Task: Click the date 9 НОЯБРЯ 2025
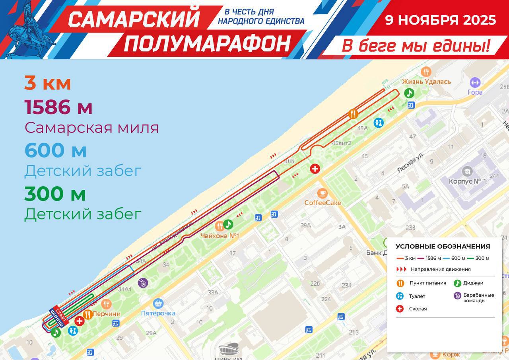click(440, 20)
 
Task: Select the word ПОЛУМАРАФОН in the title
click(207, 44)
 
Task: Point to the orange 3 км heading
click(48, 84)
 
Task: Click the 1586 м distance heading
click(58, 107)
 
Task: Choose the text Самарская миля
click(91, 128)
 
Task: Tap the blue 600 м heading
click(55, 150)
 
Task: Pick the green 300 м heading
click(55, 194)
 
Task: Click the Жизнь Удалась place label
click(426, 82)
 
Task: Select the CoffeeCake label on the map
click(322, 203)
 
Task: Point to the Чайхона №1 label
click(220, 235)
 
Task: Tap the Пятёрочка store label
click(158, 313)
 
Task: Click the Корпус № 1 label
click(467, 181)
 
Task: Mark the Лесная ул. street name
click(411, 162)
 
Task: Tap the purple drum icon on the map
click(143, 283)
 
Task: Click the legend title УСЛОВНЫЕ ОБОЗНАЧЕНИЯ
click(443, 247)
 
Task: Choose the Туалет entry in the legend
click(417, 296)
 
